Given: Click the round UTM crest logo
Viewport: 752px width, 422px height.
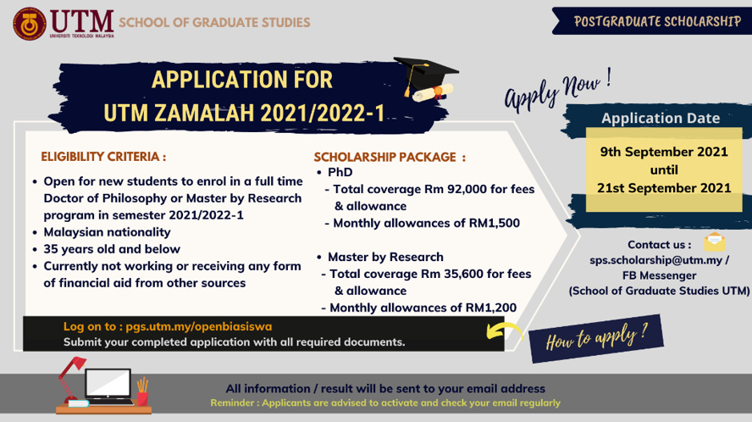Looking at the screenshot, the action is click(30, 24).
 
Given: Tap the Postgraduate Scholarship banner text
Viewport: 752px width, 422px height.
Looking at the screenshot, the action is click(657, 21).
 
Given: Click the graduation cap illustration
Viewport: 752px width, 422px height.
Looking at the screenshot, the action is click(426, 79).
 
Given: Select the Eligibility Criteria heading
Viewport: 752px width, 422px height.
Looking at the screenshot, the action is click(103, 157).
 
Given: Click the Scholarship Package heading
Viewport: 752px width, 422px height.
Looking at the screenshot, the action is click(390, 157).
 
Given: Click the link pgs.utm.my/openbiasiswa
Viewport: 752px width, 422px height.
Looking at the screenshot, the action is click(198, 326).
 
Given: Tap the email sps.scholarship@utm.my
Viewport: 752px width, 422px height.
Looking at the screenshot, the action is click(655, 260).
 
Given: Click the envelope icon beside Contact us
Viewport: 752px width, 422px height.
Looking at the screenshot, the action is click(715, 242).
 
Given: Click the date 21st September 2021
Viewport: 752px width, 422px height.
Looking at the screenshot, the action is click(664, 188).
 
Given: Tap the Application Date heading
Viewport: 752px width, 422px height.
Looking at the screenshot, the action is click(661, 118).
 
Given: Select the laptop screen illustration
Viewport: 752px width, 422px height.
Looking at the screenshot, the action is click(108, 384).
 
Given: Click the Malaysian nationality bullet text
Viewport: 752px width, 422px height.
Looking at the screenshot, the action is click(107, 232).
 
